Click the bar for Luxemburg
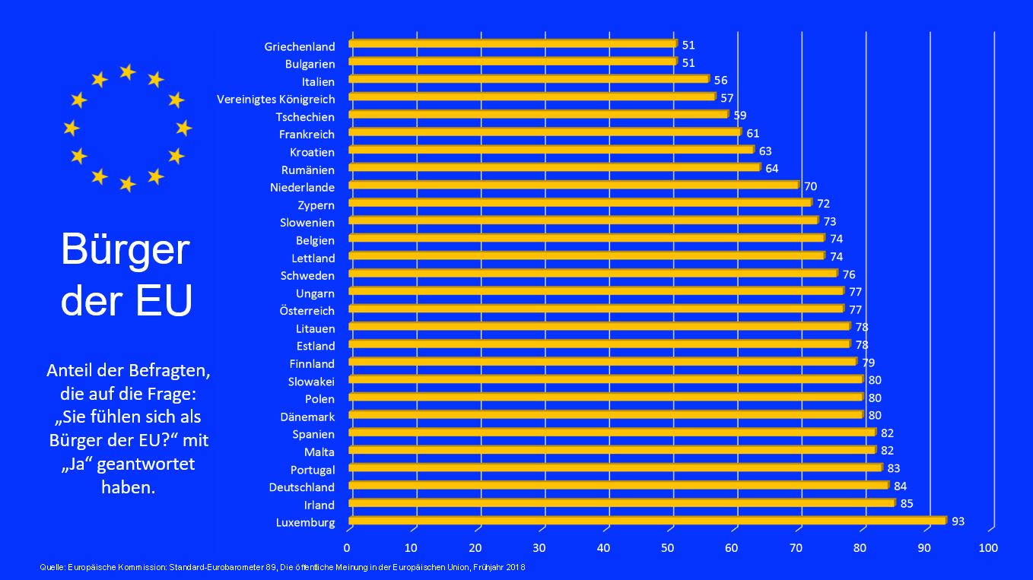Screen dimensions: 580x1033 pyautogui.click(x=647, y=521)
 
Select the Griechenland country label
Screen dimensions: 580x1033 pyautogui.click(x=300, y=47)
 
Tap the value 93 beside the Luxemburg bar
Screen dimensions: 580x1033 pyautogui.click(x=958, y=521)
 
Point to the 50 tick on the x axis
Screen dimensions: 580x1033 pyautogui.click(x=668, y=547)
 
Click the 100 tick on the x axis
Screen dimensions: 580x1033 pyautogui.click(x=987, y=547)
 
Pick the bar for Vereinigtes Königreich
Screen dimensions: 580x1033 pyautogui.click(x=532, y=97)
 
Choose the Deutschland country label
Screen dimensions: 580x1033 pyautogui.click(x=302, y=487)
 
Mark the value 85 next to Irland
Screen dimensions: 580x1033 pyautogui.click(x=906, y=504)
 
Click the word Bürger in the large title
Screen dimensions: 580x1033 pyautogui.click(x=125, y=250)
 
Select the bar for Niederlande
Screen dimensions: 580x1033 pyautogui.click(x=574, y=185)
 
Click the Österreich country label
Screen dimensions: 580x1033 pyautogui.click(x=307, y=311)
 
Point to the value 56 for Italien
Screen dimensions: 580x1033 pyautogui.click(x=720, y=80)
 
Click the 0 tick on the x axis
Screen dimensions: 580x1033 pyautogui.click(x=347, y=547)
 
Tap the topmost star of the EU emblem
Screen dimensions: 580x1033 pyautogui.click(x=127, y=72)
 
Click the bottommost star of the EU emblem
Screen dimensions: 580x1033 pyautogui.click(x=127, y=184)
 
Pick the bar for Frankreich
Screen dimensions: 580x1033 pyautogui.click(x=545, y=132)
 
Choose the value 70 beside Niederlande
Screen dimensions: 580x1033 pyautogui.click(x=810, y=186)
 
